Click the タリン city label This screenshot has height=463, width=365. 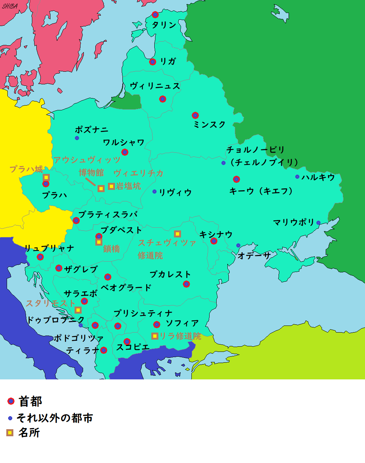click(164, 25)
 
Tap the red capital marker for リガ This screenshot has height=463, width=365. click(152, 62)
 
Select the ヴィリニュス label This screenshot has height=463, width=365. click(155, 86)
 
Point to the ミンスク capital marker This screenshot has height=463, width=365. click(195, 116)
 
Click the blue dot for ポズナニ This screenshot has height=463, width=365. click(77, 138)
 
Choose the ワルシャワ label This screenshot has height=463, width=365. click(124, 142)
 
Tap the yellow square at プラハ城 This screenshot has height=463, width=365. click(46, 177)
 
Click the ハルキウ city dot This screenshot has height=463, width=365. click(297, 177)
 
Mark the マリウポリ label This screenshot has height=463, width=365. click(294, 222)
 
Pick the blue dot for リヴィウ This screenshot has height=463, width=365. click(154, 192)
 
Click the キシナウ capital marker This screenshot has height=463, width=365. click(214, 241)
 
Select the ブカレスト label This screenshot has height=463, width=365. click(170, 275)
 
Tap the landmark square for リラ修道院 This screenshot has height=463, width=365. click(155, 336)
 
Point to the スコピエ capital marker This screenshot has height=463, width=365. click(127, 341)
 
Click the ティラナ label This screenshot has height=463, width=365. click(83, 350)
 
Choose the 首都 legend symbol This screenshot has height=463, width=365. click(11, 401)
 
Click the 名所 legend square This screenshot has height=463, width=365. click(10, 433)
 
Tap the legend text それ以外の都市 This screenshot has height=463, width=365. click(55, 418)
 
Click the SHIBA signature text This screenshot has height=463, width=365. click(10, 6)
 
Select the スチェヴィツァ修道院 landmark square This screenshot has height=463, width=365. click(178, 234)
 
